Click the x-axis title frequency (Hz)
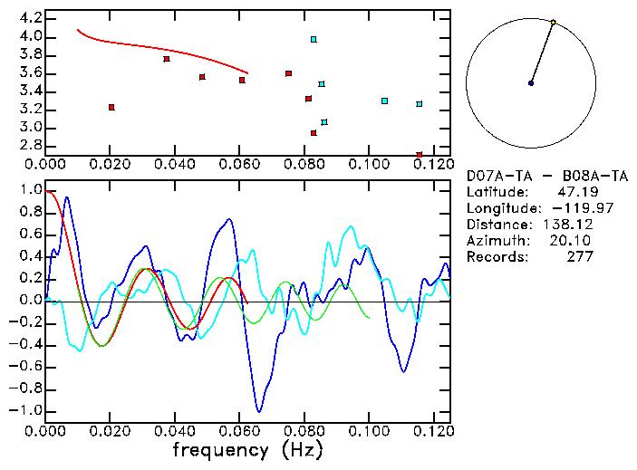coord(247,449)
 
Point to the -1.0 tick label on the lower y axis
coord(25,410)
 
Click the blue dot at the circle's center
coord(531,83)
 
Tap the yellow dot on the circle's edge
coord(553,22)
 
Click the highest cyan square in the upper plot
coord(314,40)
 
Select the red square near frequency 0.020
coord(111,107)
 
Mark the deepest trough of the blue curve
coord(259,410)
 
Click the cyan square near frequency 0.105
coord(384,101)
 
